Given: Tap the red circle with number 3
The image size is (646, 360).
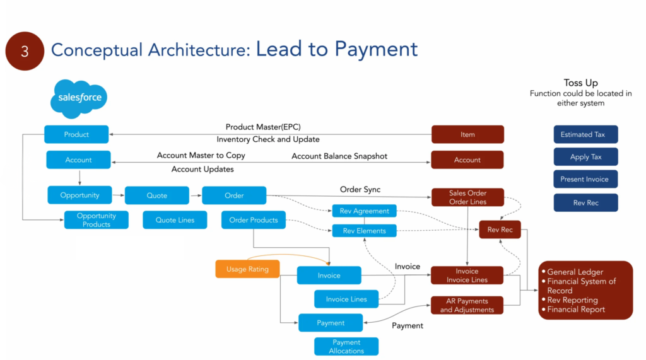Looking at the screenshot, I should click(x=25, y=51).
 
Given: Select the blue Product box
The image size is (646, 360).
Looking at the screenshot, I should click(x=76, y=134).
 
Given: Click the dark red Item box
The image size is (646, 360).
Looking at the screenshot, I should click(x=467, y=134).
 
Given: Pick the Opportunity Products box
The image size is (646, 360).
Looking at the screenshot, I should click(x=97, y=220).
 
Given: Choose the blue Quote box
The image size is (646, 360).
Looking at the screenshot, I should click(x=157, y=195).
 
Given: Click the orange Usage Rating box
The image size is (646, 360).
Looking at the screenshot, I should click(x=247, y=269).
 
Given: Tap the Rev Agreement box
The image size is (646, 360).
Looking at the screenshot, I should click(x=364, y=211).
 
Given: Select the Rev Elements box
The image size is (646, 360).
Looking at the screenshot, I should click(x=364, y=231).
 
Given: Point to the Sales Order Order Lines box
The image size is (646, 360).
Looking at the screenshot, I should click(x=467, y=197).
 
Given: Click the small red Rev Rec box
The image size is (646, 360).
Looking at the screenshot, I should click(x=500, y=230).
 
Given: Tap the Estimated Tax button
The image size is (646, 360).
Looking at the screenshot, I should click(x=585, y=134).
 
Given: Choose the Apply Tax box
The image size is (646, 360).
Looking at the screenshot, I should click(x=585, y=157).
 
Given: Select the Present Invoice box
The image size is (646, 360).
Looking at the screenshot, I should click(x=585, y=179).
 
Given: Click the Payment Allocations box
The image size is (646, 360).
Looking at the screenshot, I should click(x=346, y=347).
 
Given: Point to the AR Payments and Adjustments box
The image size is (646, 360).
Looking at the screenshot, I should click(x=467, y=305).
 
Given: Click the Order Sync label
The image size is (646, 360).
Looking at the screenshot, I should click(x=360, y=189).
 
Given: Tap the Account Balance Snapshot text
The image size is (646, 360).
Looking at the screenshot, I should click(x=339, y=156).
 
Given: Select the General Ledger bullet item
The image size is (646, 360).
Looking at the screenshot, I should click(x=575, y=272).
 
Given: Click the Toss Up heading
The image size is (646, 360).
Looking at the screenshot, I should click(x=580, y=83).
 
